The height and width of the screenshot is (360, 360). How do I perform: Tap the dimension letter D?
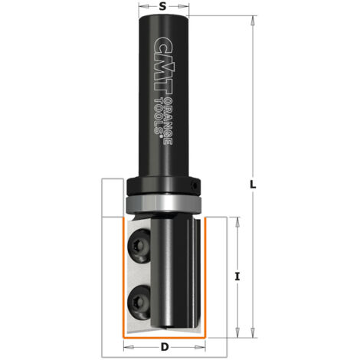pyautogui.click(x=165, y=348)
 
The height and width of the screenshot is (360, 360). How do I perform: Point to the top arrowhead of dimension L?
pyautogui.click(x=253, y=18)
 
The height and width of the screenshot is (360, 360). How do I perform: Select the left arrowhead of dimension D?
pyautogui.click(x=124, y=348)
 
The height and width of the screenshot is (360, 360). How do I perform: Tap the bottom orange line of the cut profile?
pyautogui.click(x=165, y=338)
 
